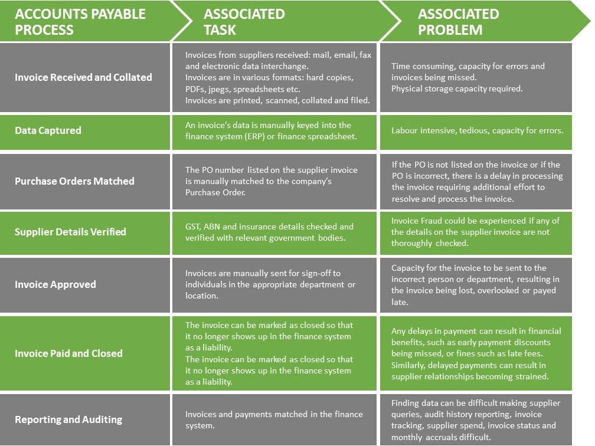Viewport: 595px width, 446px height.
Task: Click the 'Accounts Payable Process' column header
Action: click(x=80, y=22)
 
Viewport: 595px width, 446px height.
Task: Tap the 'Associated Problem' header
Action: click(x=459, y=22)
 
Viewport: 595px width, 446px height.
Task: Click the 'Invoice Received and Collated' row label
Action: click(x=83, y=77)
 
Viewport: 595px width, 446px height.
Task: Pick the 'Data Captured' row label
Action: click(x=48, y=130)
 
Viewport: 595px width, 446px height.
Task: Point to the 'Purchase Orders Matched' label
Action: click(x=74, y=181)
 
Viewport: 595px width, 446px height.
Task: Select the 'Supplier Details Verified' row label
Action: click(x=70, y=232)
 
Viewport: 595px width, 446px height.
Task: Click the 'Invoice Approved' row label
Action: click(x=55, y=284)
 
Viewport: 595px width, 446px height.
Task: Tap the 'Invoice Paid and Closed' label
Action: click(x=68, y=353)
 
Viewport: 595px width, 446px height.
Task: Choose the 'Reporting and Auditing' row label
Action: click(x=68, y=419)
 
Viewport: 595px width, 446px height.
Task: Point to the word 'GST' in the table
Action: click(x=192, y=227)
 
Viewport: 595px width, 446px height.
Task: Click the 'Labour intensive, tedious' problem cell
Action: click(x=477, y=130)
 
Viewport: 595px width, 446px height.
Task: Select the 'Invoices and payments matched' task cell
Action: click(x=274, y=420)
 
